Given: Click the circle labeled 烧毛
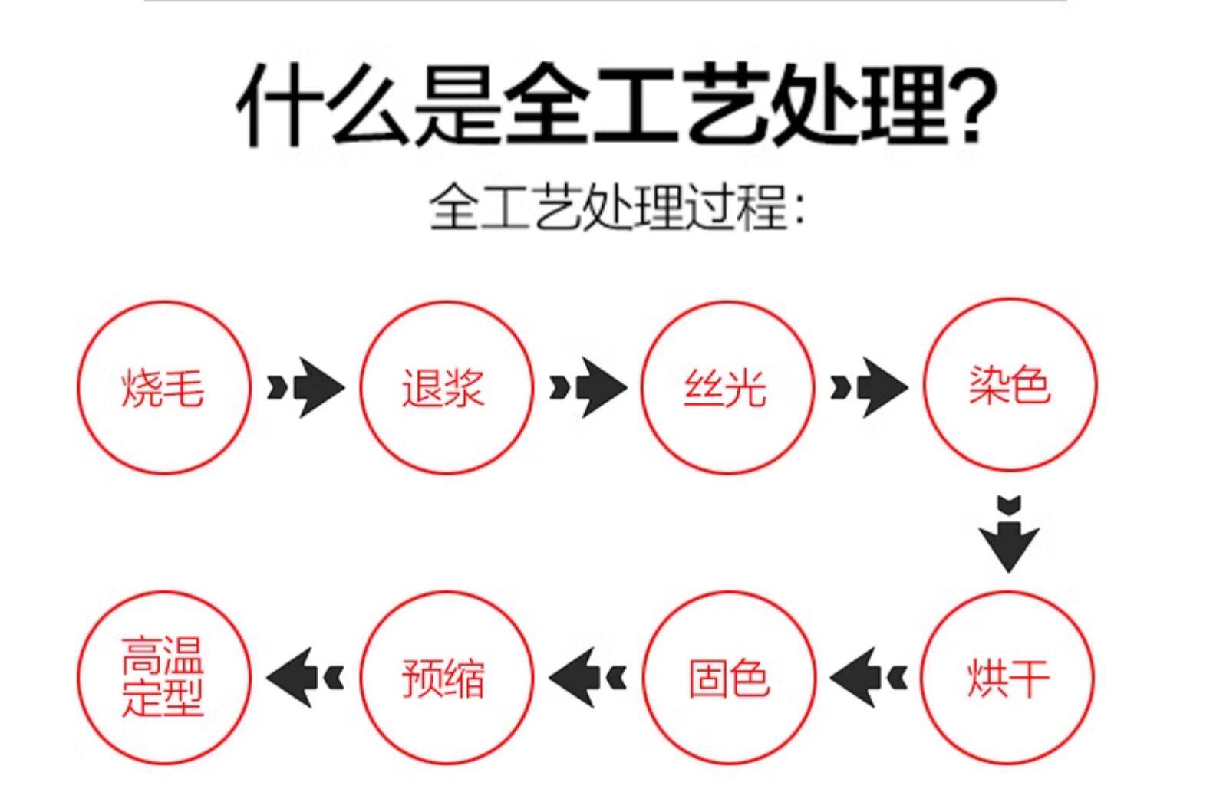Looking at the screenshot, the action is click(x=163, y=387).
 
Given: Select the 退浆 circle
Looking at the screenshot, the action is click(x=445, y=387).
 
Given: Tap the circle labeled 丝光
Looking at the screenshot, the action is click(x=726, y=387).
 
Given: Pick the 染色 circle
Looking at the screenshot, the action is click(x=1009, y=385).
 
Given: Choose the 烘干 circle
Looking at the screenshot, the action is click(x=1007, y=678).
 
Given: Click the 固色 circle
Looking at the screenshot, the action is click(x=727, y=678).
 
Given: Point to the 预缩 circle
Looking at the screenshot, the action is click(x=445, y=678).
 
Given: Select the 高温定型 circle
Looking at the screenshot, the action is click(x=163, y=678).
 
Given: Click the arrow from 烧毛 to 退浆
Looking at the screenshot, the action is click(x=305, y=387).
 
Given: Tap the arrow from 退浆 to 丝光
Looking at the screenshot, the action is click(x=587, y=387).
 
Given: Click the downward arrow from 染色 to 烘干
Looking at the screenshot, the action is click(x=1009, y=534).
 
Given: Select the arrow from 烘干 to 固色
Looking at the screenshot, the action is click(x=868, y=678).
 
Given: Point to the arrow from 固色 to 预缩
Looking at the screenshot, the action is click(x=587, y=678).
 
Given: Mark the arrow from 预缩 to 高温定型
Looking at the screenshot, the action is click(x=305, y=678).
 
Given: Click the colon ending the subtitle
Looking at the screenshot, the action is click(x=799, y=209).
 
